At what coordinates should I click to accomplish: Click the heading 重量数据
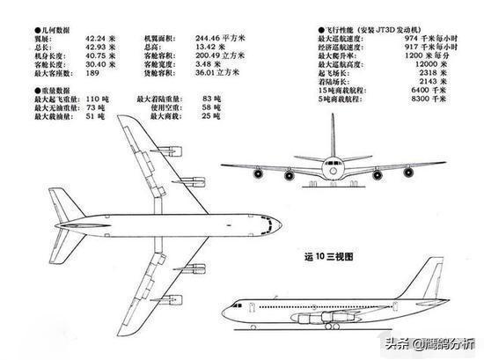pyautogui.click(x=55, y=91)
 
